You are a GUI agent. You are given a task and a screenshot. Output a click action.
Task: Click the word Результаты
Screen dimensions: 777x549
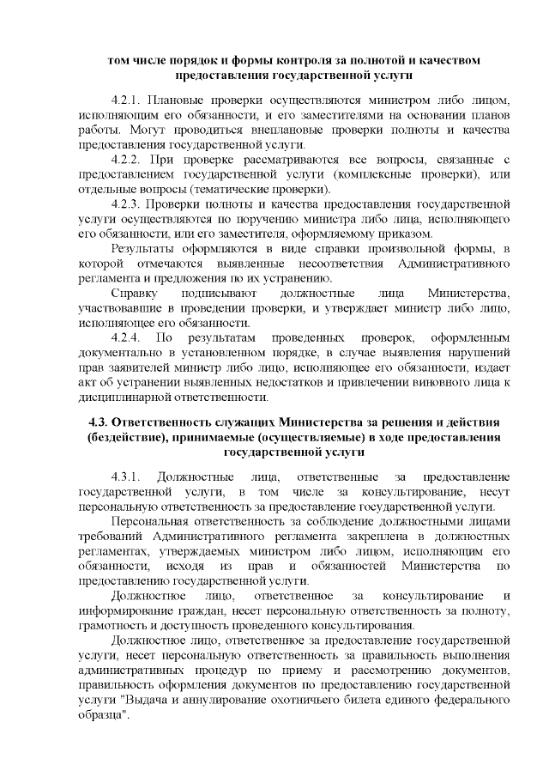[146, 249]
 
